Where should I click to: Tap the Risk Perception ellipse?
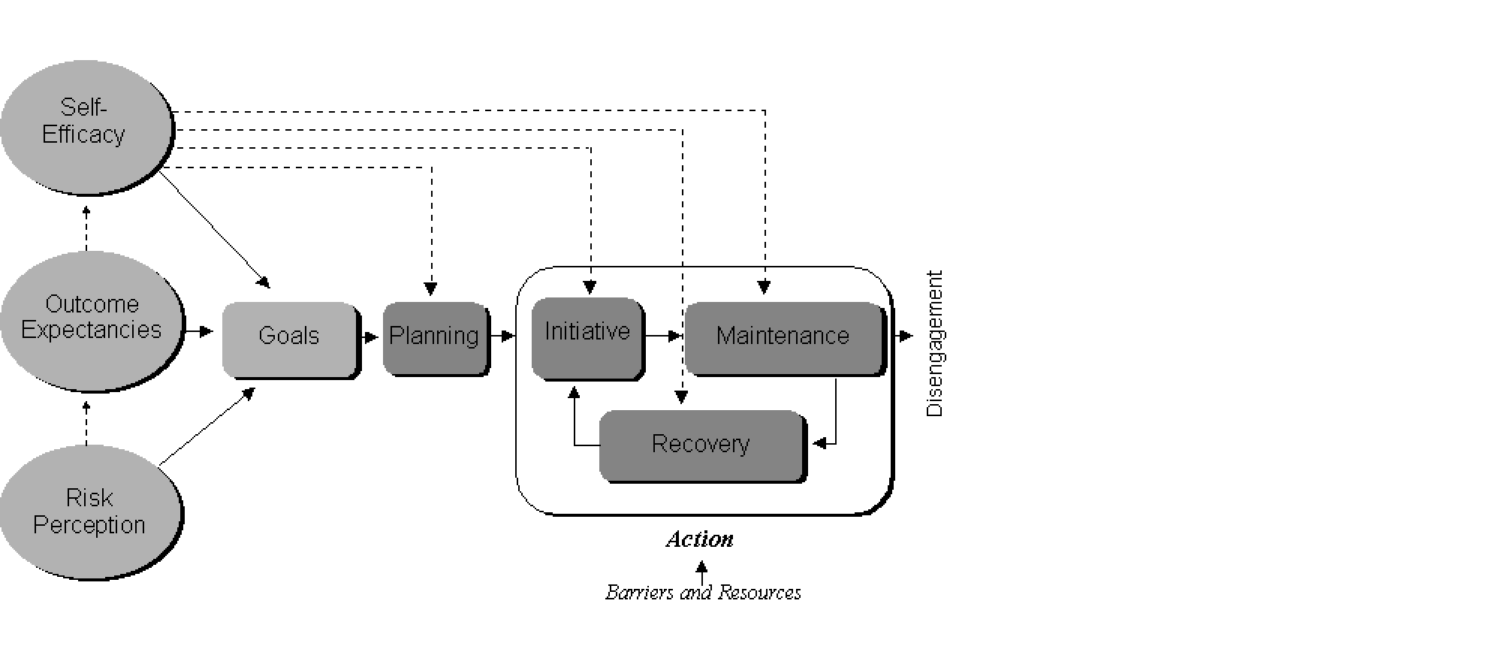89,512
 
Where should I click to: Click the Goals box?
290,338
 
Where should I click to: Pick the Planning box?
435,337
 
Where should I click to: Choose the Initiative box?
587,337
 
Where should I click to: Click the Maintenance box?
783,337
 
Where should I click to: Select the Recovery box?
701,445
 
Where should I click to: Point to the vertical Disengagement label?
934,343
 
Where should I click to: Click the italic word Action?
699,539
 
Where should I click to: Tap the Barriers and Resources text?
703,593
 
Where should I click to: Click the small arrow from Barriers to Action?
701,573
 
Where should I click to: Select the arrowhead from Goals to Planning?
371,337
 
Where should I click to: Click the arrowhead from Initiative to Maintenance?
675,337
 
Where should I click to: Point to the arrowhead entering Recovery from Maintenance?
820,443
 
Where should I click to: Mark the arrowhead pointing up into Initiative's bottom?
575,393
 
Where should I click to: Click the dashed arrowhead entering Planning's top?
430,288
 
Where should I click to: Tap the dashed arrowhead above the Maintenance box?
764,287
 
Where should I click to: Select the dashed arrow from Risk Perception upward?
86,423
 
